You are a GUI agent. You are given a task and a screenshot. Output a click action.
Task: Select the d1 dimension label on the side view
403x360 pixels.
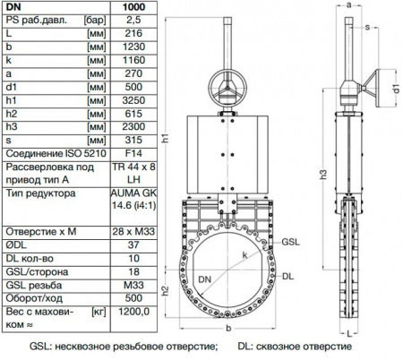394,88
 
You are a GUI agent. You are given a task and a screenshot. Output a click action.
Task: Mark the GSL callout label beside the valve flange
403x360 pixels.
294,242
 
